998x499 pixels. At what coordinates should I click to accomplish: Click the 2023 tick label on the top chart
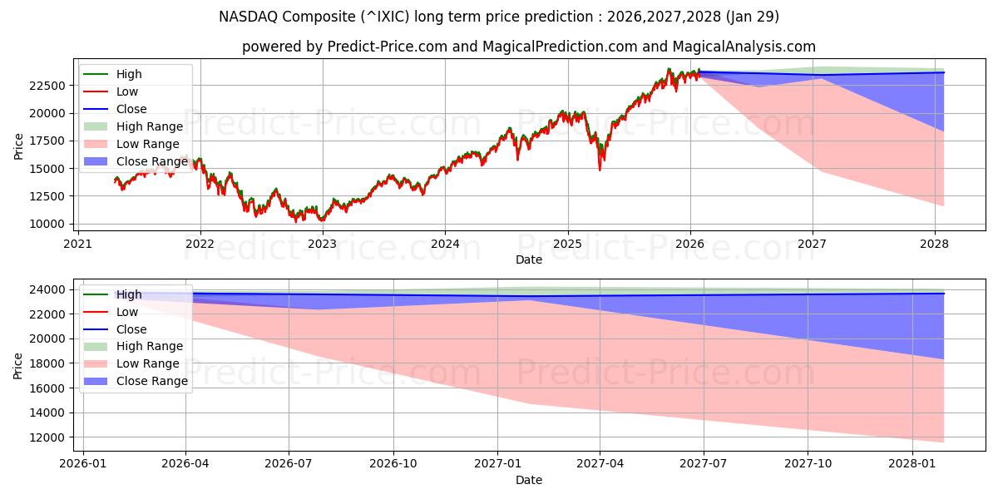point(323,244)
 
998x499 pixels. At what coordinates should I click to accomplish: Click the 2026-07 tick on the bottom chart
point(289,463)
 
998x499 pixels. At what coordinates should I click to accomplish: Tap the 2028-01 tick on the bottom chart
point(913,463)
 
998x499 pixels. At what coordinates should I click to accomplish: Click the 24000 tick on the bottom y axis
point(49,289)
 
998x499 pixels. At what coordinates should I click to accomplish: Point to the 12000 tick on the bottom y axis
point(49,437)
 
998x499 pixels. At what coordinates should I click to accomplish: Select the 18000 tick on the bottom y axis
point(49,363)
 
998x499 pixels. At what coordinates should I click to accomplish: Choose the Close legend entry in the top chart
point(131,109)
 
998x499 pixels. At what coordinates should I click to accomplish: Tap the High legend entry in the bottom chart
point(129,294)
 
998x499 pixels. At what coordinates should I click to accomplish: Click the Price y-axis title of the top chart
point(18,146)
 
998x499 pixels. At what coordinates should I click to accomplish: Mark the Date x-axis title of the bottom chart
point(529,480)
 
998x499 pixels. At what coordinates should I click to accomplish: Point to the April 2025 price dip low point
point(600,170)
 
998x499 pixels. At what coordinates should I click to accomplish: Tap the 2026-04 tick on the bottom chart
point(185,463)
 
